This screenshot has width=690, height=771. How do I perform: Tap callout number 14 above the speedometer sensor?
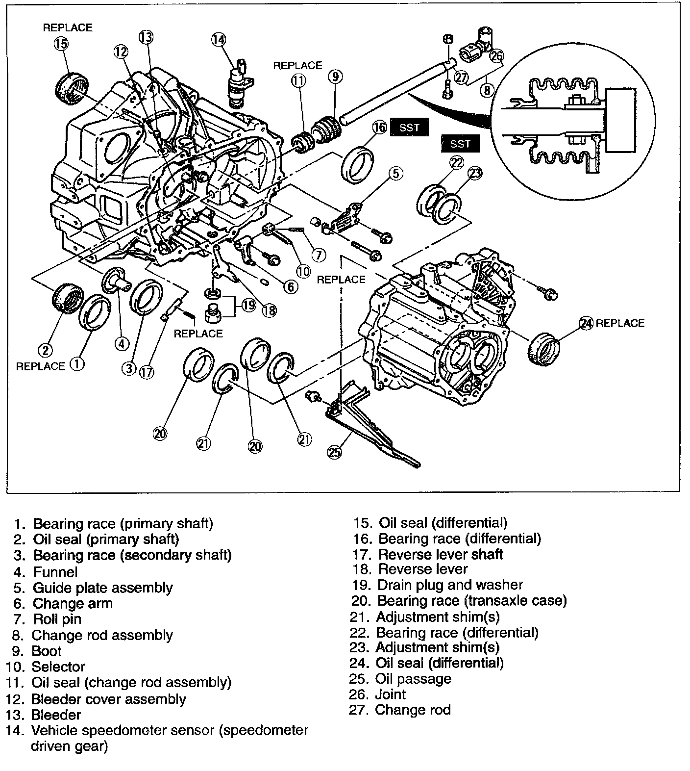(219, 39)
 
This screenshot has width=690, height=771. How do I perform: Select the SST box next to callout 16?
(409, 128)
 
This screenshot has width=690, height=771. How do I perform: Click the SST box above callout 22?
(460, 144)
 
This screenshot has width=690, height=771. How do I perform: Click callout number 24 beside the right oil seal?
(586, 323)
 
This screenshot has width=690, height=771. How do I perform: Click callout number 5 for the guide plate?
(396, 173)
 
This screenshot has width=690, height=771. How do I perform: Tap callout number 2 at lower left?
(45, 350)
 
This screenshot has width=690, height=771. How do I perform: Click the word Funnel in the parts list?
(55, 572)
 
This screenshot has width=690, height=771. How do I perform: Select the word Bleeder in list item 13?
(56, 715)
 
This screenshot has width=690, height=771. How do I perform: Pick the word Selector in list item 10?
(58, 667)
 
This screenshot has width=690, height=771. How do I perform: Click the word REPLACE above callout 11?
(297, 65)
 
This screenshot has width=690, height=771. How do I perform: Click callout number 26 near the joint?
(496, 56)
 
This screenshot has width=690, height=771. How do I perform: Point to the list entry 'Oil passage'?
(413, 679)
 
